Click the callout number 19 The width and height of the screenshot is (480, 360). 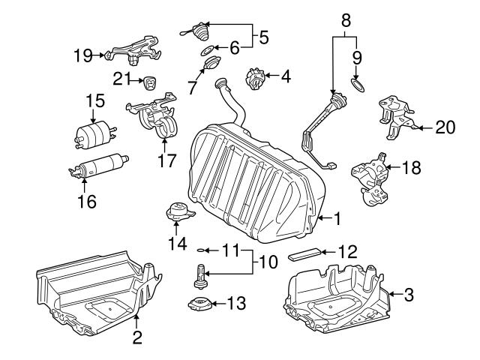click(x=83, y=55)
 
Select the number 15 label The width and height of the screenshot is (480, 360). click(x=94, y=100)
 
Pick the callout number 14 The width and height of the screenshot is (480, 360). click(x=178, y=243)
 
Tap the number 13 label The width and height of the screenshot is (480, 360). click(x=235, y=304)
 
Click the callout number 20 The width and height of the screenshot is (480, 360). click(x=445, y=127)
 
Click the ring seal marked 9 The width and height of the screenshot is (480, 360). click(x=359, y=87)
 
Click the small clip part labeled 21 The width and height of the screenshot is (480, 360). click(x=151, y=81)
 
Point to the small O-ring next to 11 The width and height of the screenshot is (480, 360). click(x=200, y=250)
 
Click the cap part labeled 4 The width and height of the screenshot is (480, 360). click(x=257, y=77)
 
